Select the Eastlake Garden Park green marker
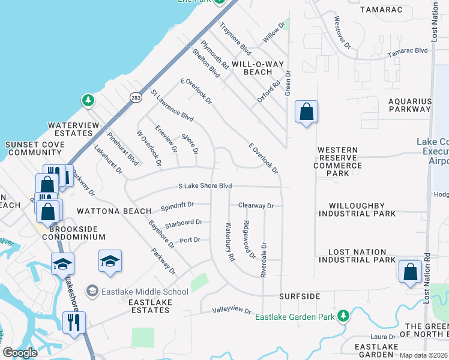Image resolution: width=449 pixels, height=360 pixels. click(343, 316)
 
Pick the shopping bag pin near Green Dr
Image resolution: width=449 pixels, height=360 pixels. click(306, 112)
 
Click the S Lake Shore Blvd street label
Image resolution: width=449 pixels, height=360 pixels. click(205, 186)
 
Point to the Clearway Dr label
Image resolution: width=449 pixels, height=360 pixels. click(256, 206)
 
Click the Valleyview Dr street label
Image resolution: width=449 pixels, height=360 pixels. click(231, 310)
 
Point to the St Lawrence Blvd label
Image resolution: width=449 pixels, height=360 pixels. click(172, 105)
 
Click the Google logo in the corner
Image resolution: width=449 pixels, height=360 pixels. click(20, 353)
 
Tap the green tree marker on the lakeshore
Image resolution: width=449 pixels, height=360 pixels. click(88, 100)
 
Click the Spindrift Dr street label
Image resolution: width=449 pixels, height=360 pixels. click(177, 206)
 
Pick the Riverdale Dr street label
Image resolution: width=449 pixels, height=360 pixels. click(264, 259)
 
